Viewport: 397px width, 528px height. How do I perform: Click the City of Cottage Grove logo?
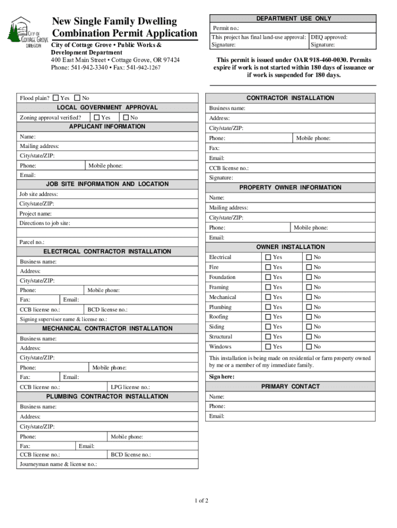click(x=27, y=32)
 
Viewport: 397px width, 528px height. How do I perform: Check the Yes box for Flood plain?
click(x=56, y=98)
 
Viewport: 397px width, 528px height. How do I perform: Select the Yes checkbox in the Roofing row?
click(x=268, y=317)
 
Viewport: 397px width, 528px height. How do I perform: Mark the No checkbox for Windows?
click(x=309, y=347)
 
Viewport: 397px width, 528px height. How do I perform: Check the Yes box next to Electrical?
click(x=268, y=257)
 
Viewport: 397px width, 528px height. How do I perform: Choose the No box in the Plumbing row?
click(x=309, y=307)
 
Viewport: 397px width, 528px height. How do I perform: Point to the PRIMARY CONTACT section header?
click(x=290, y=387)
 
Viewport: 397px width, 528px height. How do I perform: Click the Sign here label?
click(x=222, y=377)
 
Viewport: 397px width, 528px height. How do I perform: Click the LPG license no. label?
click(x=130, y=387)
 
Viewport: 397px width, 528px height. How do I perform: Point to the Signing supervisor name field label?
click(x=63, y=319)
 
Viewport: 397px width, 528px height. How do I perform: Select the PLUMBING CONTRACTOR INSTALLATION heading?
click(x=107, y=397)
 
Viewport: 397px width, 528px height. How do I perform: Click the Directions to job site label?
click(x=45, y=223)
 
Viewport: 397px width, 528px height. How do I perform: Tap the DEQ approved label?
click(x=329, y=37)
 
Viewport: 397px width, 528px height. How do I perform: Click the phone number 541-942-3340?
click(x=90, y=68)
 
